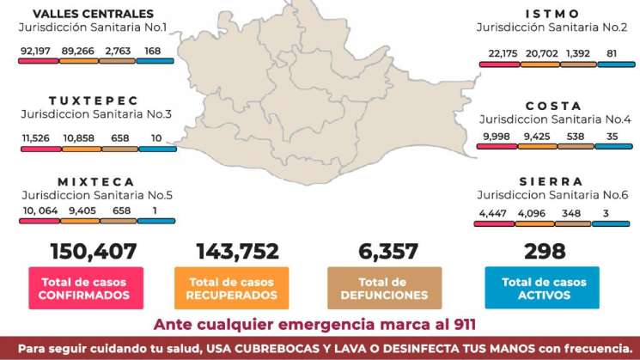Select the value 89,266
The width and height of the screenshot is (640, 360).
click(77, 52)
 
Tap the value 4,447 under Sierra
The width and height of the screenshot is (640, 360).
click(493, 212)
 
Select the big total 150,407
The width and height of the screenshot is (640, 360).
click(94, 252)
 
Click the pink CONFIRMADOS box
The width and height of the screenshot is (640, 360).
click(84, 288)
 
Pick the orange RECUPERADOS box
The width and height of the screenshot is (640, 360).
click(231, 288)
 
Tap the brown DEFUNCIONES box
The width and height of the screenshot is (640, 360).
click(385, 288)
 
